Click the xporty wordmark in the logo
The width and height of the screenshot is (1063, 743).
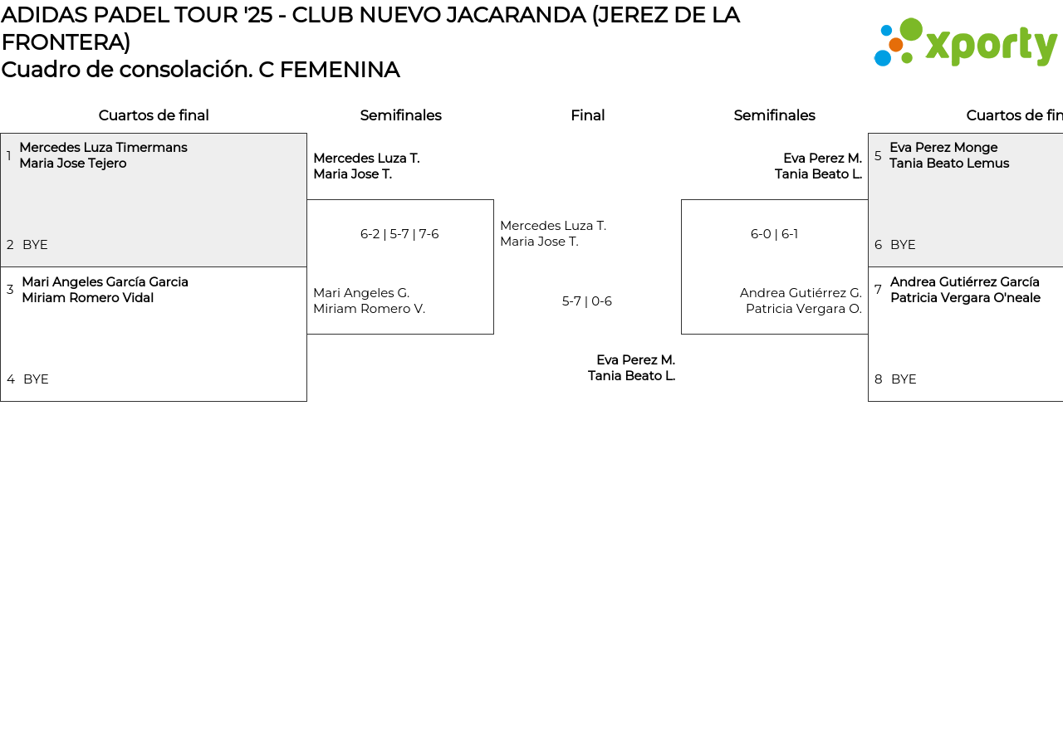coord(991,46)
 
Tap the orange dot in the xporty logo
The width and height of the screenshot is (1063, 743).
coord(895,45)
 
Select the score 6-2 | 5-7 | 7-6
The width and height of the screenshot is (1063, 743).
coord(399,234)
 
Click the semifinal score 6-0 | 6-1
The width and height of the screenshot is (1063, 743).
coord(774,234)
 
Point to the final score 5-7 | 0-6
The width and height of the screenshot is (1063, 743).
coord(587,301)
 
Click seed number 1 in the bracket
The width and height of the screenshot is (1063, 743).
coord(9,156)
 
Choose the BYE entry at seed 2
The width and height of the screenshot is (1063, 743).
coord(35,245)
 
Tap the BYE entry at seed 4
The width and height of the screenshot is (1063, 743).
coord(36,379)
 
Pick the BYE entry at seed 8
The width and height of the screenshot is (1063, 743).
coord(904,379)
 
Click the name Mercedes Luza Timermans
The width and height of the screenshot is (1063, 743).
coord(103,148)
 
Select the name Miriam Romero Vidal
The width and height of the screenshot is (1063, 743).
coord(87,298)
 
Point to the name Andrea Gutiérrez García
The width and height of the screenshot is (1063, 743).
coord(964,282)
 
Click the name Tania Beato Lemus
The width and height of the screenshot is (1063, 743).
coord(949,164)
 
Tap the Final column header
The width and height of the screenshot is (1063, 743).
coord(587,115)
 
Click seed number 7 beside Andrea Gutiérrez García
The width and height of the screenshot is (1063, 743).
coord(878,290)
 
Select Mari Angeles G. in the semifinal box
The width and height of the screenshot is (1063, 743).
coord(361,293)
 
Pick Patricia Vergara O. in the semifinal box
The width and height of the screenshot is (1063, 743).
coord(803,309)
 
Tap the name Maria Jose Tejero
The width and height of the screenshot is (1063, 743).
coord(73,164)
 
